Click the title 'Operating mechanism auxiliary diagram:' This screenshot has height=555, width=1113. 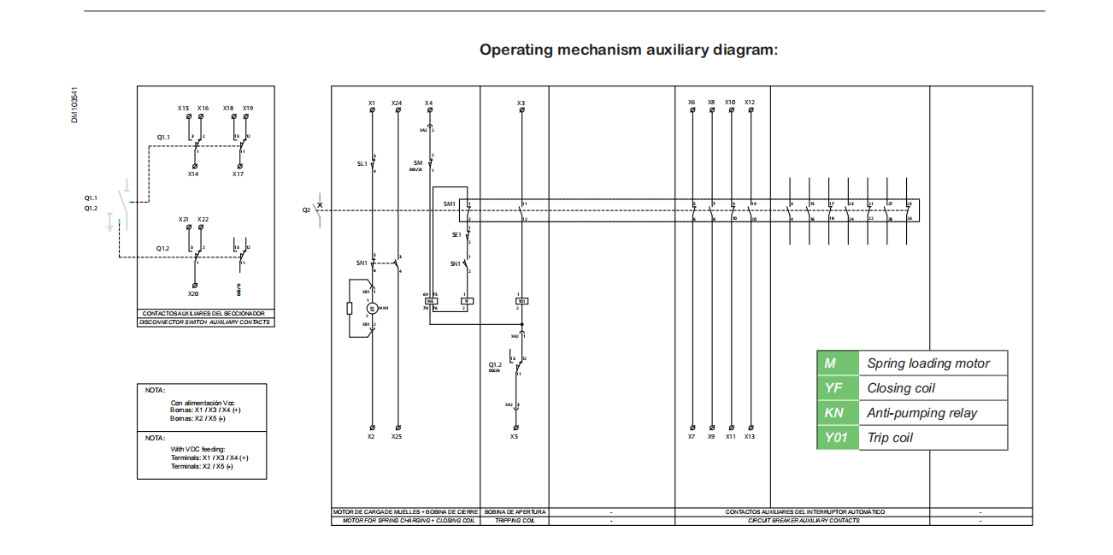point(628,50)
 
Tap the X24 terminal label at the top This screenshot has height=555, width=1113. point(397,103)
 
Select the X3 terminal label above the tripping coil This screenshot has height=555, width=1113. point(521,103)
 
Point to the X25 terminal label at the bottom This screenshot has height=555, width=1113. point(397,436)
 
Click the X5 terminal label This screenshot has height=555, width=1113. point(515,436)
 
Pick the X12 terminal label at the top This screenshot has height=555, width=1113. point(750,102)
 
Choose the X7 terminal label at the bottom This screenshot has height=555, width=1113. point(692,436)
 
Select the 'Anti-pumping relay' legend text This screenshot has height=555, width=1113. point(922,413)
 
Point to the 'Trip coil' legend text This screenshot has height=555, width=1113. point(890,438)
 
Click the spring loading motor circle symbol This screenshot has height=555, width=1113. point(372,308)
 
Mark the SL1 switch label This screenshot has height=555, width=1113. point(362,163)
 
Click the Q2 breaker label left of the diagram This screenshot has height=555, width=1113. point(306,210)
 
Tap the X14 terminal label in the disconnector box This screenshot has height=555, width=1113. point(193,174)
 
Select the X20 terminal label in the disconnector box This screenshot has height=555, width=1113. point(193,293)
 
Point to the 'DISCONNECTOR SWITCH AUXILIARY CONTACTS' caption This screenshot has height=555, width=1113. point(206,322)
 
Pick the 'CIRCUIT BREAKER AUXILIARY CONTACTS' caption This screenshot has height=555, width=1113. point(804,520)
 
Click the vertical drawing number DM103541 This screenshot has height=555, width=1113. point(74,105)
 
